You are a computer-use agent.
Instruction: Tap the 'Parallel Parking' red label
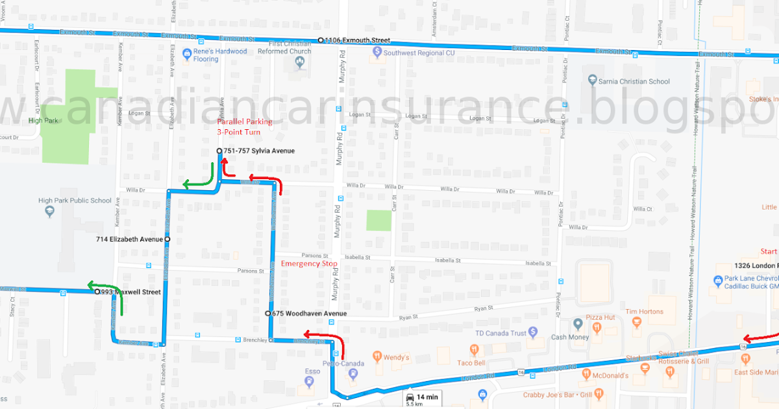(x=245, y=121)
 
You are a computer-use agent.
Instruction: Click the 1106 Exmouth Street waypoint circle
(x=321, y=40)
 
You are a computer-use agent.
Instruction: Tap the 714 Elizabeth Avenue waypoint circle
(x=167, y=240)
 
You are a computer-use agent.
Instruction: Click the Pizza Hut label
(x=600, y=317)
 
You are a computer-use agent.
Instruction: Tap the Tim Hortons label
(x=645, y=312)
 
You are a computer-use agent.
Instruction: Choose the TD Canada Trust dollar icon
(x=533, y=332)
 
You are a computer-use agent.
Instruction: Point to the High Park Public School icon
(x=47, y=212)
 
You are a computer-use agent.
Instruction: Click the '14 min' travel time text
(x=428, y=396)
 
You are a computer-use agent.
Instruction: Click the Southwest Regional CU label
(x=418, y=53)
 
